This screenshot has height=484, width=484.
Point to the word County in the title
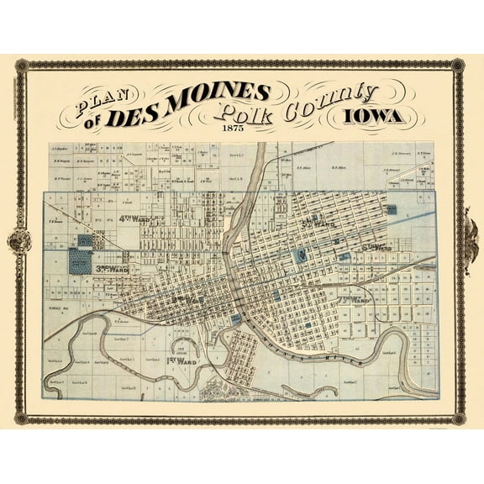[x=329, y=100]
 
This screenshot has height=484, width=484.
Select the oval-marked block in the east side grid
[x=299, y=254]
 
